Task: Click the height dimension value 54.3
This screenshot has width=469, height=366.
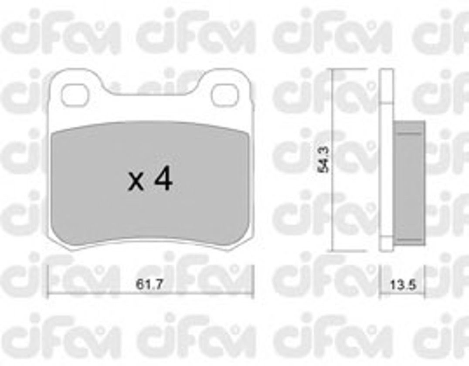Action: point(324,159)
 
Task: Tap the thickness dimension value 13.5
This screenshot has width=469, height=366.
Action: point(403,285)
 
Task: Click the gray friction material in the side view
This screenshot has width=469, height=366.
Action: point(409,183)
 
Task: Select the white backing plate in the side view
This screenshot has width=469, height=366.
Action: point(386,159)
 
